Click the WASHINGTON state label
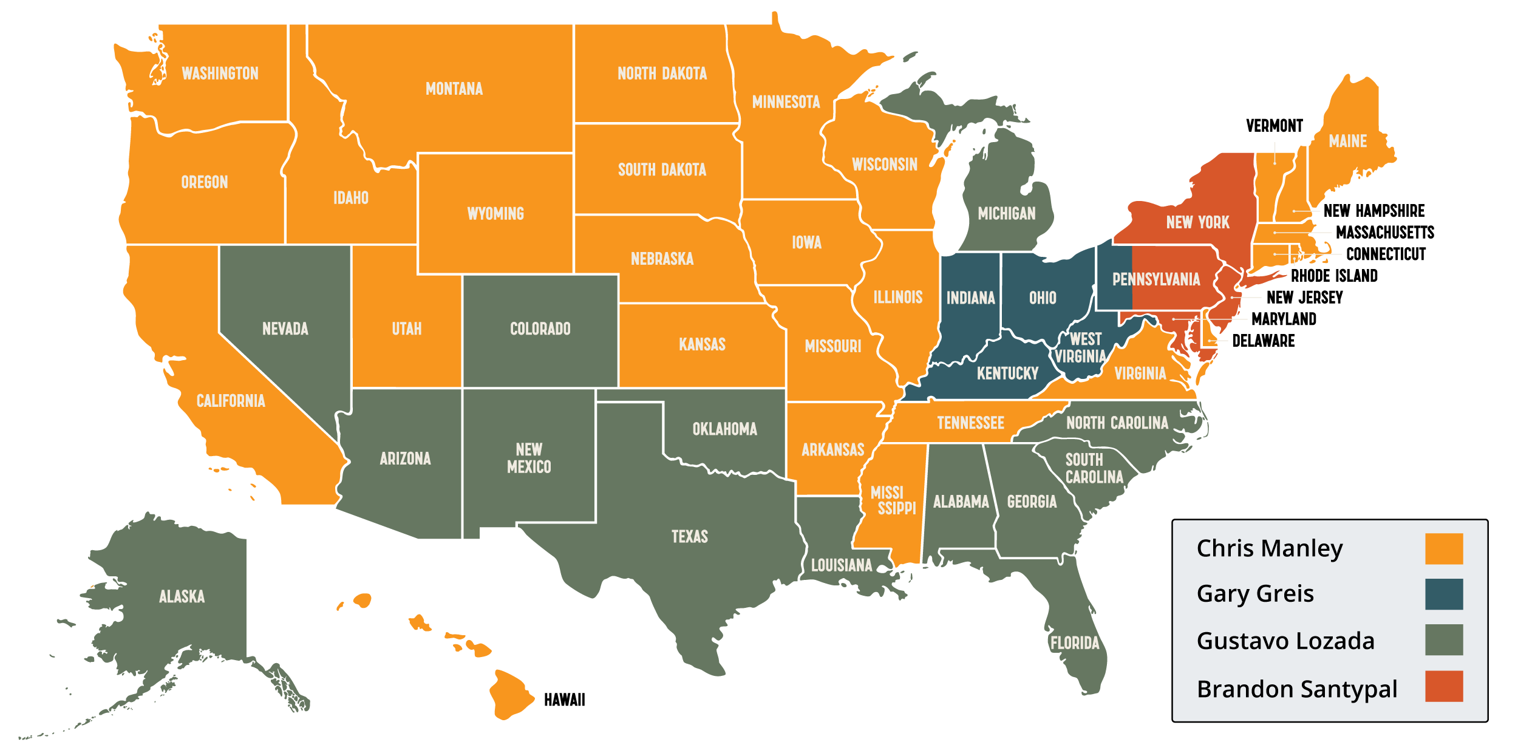pos(220,73)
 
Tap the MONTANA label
pos(454,89)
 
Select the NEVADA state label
pos(285,329)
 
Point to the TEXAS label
pos(689,536)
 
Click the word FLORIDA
pos(1075,642)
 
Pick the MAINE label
pos(1347,141)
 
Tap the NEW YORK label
pos(1197,223)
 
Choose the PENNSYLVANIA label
pos(1156,279)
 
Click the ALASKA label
pos(182,596)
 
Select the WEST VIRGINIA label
pos(1081,347)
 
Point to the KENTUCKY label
pos(1007,373)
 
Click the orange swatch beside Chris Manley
pos(1443,548)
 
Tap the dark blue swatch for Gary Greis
pos(1443,594)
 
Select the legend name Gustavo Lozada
pos(1285,641)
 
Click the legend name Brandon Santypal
pos(1296,689)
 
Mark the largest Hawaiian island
pos(510,694)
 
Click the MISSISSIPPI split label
pos(893,500)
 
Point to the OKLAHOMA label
pos(724,429)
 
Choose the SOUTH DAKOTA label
pos(662,169)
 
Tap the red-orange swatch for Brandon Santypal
pos(1443,686)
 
